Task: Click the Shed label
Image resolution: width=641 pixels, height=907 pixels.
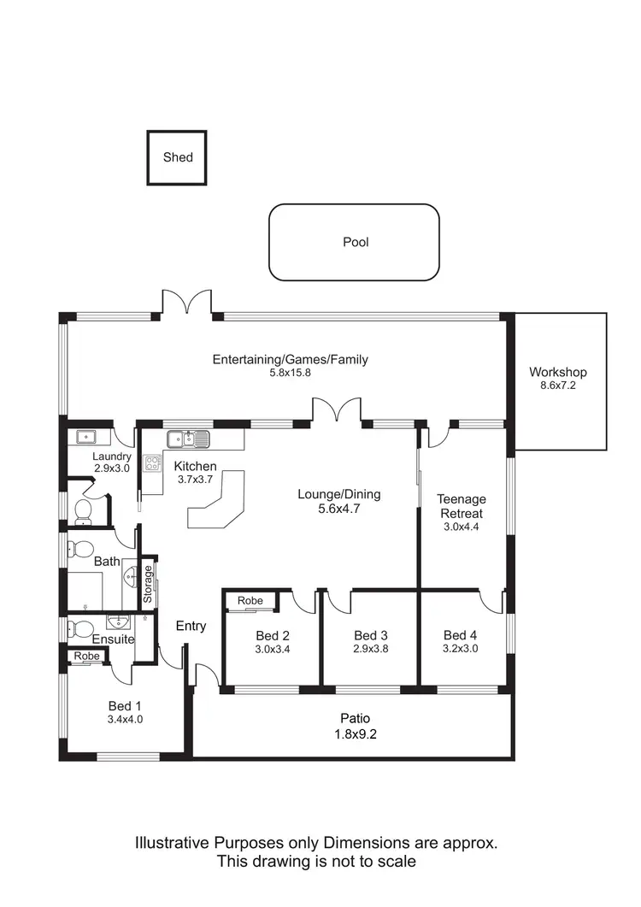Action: pos(178,157)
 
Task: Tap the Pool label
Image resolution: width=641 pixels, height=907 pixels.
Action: pos(356,242)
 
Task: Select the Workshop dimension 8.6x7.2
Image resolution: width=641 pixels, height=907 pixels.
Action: pos(557,386)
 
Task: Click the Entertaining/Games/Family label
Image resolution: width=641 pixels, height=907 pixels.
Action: pos(291,359)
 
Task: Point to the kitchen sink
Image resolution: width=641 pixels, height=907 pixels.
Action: pos(188,439)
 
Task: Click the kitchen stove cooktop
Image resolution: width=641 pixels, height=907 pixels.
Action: pos(153,464)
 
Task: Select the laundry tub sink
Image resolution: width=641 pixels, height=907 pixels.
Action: pos(87,437)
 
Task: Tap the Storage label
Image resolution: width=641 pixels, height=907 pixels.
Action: pos(148,585)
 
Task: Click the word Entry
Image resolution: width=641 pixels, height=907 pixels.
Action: pos(191,626)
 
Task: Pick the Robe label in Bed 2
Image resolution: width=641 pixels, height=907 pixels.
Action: pos(250,601)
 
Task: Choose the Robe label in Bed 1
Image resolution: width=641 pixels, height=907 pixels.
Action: pos(86,656)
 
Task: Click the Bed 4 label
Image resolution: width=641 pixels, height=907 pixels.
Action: pos(460,634)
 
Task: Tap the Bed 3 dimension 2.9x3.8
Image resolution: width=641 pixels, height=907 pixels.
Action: pos(371,649)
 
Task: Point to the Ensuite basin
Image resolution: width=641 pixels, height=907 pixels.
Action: pos(117,621)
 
